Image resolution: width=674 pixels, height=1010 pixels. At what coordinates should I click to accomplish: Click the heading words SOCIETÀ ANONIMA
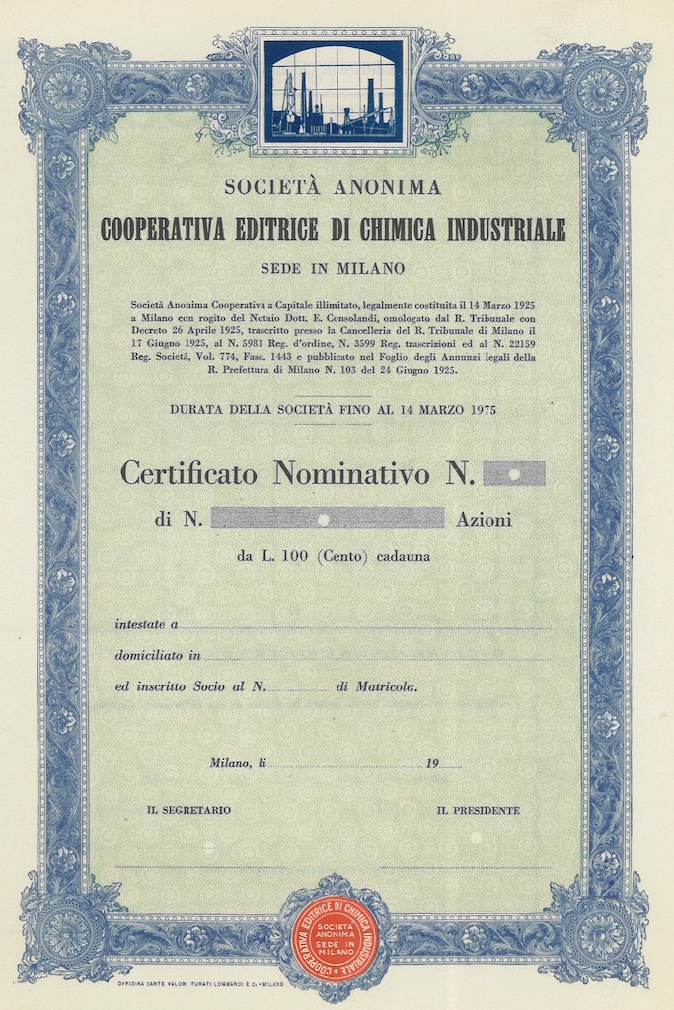(x=333, y=186)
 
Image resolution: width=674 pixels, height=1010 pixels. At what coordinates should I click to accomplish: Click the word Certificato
(x=188, y=473)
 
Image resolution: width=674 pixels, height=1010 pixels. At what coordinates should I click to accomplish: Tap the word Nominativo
(x=351, y=473)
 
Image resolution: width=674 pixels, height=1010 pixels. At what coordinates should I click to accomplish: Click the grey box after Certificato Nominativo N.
(x=513, y=474)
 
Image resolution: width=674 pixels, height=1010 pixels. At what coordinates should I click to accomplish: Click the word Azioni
(x=484, y=520)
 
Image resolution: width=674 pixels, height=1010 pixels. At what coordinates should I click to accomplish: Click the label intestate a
(x=146, y=624)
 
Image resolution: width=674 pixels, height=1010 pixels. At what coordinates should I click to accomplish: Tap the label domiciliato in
(x=158, y=655)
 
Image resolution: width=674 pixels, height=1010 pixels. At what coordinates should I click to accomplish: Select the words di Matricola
(x=376, y=686)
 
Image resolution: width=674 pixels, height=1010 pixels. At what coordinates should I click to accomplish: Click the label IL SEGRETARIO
(x=188, y=810)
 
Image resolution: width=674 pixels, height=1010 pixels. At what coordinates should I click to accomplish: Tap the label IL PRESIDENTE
(x=478, y=810)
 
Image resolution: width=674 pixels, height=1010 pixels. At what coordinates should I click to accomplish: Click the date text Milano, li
(x=238, y=762)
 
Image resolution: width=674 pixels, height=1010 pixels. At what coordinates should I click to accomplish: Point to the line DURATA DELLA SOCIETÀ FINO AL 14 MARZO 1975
(x=333, y=409)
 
